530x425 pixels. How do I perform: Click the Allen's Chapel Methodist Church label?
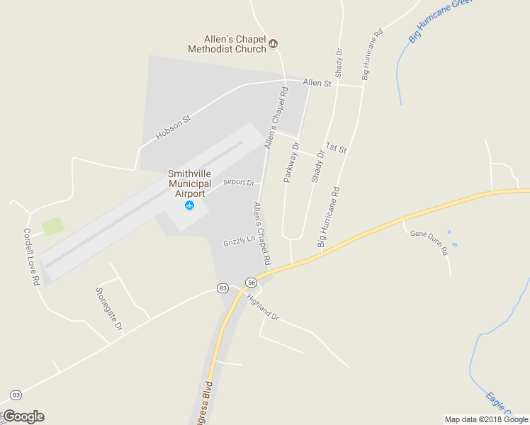pyautogui.click(x=227, y=44)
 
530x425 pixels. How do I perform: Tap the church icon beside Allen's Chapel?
pyautogui.click(x=274, y=44)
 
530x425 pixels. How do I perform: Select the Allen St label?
pyautogui.click(x=317, y=84)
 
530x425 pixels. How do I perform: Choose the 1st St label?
pyautogui.click(x=337, y=149)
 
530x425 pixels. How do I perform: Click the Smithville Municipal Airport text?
pyautogui.click(x=189, y=183)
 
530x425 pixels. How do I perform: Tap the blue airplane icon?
pyautogui.click(x=189, y=205)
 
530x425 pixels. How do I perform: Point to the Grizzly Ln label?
pyautogui.click(x=239, y=240)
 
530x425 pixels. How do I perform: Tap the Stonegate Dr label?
pyautogui.click(x=108, y=309)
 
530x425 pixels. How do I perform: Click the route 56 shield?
pyautogui.click(x=251, y=282)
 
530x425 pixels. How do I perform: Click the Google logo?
pyautogui.click(x=23, y=416)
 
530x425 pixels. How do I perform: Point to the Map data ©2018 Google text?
pyautogui.click(x=486, y=419)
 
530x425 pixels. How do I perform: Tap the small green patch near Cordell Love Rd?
pyautogui.click(x=52, y=227)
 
